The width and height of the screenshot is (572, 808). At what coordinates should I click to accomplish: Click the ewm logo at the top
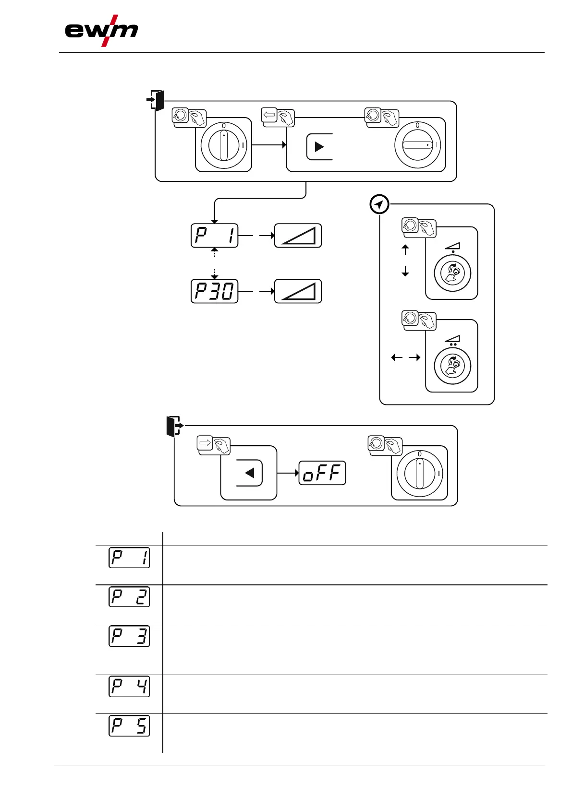101,31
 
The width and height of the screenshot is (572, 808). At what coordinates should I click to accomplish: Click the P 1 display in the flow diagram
214,236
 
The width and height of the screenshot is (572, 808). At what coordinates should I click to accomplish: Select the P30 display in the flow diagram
214,291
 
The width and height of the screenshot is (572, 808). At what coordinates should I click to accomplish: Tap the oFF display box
322,473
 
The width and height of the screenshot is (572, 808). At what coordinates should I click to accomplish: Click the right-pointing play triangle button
319,146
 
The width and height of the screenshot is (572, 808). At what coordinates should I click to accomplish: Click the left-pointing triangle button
249,473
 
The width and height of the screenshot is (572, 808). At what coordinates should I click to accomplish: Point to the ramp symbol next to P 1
298,236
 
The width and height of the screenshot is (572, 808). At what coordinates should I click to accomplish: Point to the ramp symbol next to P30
298,291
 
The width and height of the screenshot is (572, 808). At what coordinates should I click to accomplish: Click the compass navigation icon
379,205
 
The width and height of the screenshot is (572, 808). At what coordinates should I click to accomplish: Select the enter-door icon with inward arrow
156,100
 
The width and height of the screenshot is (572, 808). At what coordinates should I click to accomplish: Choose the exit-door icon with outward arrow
173,426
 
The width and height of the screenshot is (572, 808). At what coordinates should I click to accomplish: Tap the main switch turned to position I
417,145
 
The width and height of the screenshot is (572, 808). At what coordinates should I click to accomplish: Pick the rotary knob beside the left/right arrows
452,366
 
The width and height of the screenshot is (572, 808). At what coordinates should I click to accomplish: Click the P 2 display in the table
129,596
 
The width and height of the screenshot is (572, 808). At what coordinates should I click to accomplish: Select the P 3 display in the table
129,636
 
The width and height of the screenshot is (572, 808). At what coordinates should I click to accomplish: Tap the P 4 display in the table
129,686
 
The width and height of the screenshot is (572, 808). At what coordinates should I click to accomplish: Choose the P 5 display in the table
129,725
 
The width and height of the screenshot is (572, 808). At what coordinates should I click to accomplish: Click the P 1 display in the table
129,557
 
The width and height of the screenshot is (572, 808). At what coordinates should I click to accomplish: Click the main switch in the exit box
420,474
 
